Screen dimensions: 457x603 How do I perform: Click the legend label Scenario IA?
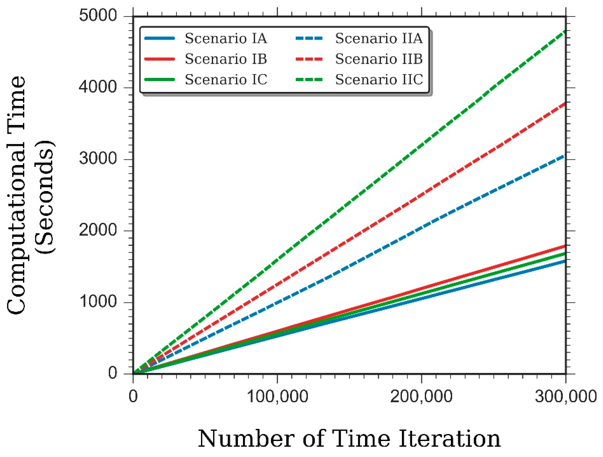(x=226, y=38)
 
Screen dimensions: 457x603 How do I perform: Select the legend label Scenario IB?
(x=226, y=59)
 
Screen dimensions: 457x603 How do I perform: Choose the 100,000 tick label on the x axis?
(x=277, y=396)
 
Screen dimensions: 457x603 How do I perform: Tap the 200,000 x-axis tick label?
(x=421, y=396)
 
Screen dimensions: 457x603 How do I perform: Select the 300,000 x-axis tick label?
(x=566, y=396)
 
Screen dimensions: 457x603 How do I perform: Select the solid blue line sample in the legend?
(x=159, y=38)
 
